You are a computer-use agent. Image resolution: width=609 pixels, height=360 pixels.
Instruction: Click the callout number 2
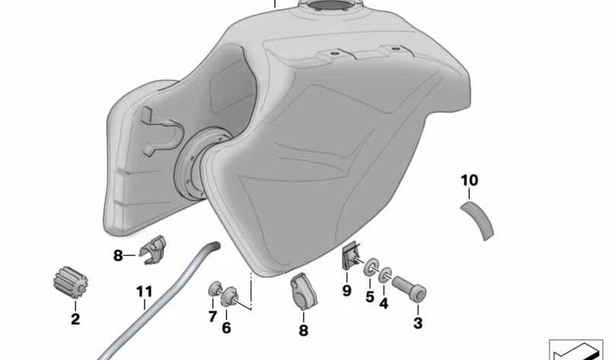click(x=75, y=320)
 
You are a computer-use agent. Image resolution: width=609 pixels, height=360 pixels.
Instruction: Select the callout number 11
click(x=145, y=292)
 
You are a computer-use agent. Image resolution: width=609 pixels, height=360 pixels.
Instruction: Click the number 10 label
click(x=470, y=180)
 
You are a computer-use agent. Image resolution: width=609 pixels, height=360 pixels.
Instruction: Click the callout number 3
click(x=417, y=323)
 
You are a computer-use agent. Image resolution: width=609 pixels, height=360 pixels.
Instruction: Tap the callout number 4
click(x=384, y=302)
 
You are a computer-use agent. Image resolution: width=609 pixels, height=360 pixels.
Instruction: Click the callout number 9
click(x=346, y=290)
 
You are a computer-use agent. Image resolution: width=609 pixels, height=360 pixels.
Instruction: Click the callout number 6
click(x=226, y=327)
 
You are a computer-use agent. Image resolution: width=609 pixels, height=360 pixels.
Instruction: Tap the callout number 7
click(x=212, y=315)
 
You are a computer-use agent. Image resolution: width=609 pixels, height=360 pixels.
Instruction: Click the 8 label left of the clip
click(x=118, y=256)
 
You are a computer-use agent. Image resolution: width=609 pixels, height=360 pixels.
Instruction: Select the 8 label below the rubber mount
click(x=303, y=330)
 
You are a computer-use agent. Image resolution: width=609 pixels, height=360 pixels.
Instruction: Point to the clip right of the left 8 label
click(x=155, y=250)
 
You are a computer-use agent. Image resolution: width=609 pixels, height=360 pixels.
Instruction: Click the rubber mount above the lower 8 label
click(x=302, y=293)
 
